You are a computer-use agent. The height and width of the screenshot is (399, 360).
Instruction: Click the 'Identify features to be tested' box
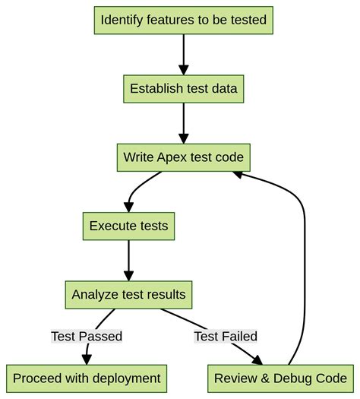point(183,21)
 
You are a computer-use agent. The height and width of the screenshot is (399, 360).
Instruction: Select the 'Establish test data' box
point(183,88)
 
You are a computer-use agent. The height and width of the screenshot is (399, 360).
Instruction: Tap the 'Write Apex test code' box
point(183,157)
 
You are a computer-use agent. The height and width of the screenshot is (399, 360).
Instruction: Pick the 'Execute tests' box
point(128,226)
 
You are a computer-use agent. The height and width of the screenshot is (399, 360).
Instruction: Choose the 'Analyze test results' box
point(128,294)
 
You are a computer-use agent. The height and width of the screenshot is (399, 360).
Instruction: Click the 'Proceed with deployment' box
point(87,378)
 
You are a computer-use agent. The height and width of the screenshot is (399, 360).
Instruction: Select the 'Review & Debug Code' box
point(280,378)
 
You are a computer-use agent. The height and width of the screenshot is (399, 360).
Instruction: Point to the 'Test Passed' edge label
point(87,336)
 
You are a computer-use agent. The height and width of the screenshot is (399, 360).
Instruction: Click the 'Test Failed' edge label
point(226,336)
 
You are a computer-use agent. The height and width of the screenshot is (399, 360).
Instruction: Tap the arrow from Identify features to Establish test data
point(183,53)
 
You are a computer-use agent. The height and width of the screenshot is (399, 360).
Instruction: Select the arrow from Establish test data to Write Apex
point(183,122)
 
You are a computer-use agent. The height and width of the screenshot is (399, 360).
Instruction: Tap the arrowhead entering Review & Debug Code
point(257,359)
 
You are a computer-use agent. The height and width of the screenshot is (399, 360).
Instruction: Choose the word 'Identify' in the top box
point(122,21)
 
